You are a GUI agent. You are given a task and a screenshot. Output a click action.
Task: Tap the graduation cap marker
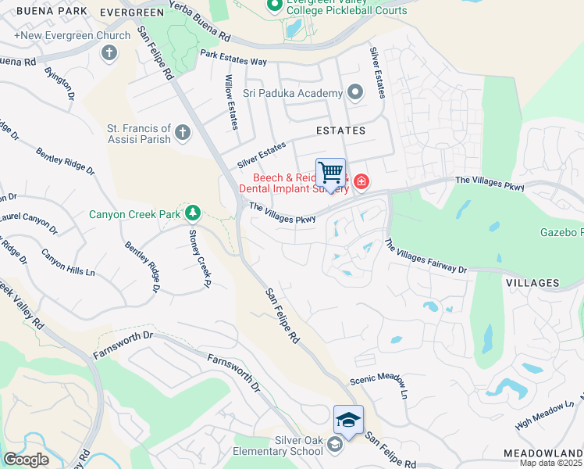pos(348,421)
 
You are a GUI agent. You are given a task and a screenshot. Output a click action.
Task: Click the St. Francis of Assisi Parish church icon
pos(183,132)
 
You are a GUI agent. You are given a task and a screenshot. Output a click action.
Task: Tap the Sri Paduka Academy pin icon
pos(356,93)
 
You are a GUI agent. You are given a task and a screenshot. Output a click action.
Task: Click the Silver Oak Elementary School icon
pos(335,445)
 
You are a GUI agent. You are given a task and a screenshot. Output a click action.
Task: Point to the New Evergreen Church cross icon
pos(109,52)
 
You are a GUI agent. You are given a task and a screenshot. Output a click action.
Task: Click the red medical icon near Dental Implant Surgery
pos(361,182)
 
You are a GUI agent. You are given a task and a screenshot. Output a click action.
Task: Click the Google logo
pos(27,460)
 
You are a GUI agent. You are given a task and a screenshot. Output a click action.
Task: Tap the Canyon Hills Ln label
pos(68,264)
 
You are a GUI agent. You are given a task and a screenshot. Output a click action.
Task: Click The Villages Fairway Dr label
pos(426,256)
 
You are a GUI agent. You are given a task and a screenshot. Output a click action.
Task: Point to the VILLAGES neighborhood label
pos(532,282)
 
